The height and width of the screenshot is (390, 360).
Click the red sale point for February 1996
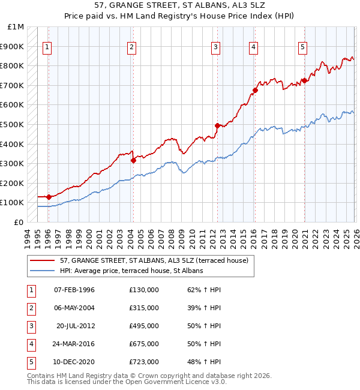[49, 197]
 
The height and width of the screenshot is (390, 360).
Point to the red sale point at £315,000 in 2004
[133, 160]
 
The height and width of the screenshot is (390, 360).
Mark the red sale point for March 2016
[255, 90]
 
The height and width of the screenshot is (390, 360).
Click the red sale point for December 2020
[304, 80]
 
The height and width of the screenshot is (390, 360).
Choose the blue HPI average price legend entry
[131, 271]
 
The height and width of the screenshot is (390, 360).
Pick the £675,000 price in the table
[144, 344]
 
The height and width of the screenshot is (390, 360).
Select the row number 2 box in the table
[31, 308]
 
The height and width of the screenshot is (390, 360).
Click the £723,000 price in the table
[144, 362]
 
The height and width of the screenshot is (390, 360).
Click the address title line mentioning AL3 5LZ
[180, 6]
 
